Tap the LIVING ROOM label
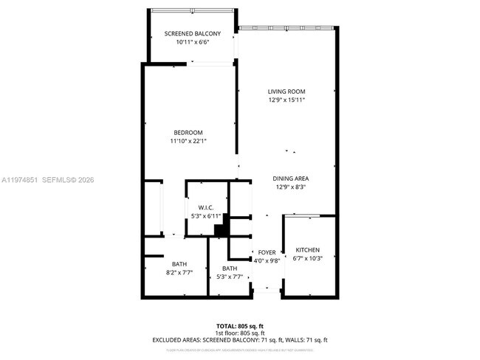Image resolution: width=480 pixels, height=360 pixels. point(287,91)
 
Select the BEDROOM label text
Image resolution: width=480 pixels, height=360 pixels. point(188,133)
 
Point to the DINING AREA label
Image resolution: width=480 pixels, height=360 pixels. point(290,179)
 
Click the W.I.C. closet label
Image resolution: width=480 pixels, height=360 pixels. point(205,207)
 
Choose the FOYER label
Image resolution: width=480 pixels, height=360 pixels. point(267,252)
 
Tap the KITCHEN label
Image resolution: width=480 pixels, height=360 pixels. point(307,250)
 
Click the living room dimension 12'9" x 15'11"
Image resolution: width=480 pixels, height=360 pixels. point(287,100)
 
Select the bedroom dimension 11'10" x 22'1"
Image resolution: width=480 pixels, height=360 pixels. point(188,141)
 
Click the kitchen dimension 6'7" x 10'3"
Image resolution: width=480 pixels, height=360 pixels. point(307,258)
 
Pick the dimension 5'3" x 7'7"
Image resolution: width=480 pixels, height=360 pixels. point(230,277)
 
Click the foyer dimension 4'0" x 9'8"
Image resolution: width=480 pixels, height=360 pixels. point(267,260)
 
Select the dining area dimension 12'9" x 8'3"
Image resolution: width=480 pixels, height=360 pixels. point(290,187)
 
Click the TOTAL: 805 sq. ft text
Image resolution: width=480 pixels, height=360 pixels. point(241,325)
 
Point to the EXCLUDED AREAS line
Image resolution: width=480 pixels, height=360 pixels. point(241,340)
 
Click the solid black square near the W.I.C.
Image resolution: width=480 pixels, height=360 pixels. point(219,230)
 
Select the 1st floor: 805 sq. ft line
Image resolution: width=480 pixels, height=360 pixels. point(241,333)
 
